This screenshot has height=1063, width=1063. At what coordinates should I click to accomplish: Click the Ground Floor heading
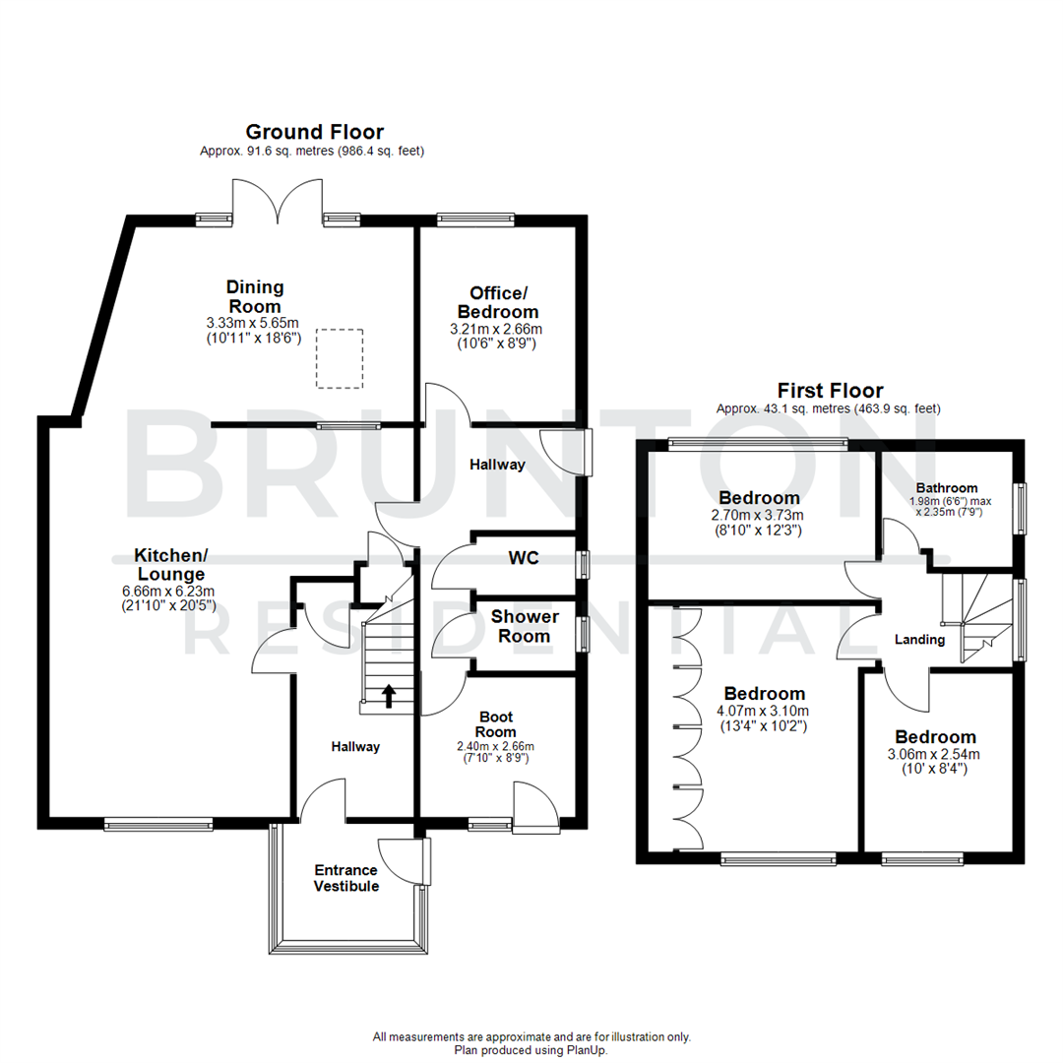314,132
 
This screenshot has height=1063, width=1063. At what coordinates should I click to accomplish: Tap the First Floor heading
830,391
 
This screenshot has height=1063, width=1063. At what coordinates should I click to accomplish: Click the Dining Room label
255,295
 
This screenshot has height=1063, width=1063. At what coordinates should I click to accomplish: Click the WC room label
523,558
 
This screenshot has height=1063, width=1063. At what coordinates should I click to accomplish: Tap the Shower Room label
525,626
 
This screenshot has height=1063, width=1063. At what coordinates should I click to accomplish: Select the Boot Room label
495,724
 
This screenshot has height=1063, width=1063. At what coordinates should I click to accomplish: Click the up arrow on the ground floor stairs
389,696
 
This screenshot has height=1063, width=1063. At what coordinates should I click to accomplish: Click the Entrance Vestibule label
345,878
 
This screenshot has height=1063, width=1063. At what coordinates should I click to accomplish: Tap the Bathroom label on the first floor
947,488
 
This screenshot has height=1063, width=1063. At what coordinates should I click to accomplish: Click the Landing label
919,640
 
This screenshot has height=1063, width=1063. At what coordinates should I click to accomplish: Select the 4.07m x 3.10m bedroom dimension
763,711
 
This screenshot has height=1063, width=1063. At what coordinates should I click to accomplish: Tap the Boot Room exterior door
536,810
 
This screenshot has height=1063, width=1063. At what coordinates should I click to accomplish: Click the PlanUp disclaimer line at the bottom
531,1050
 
